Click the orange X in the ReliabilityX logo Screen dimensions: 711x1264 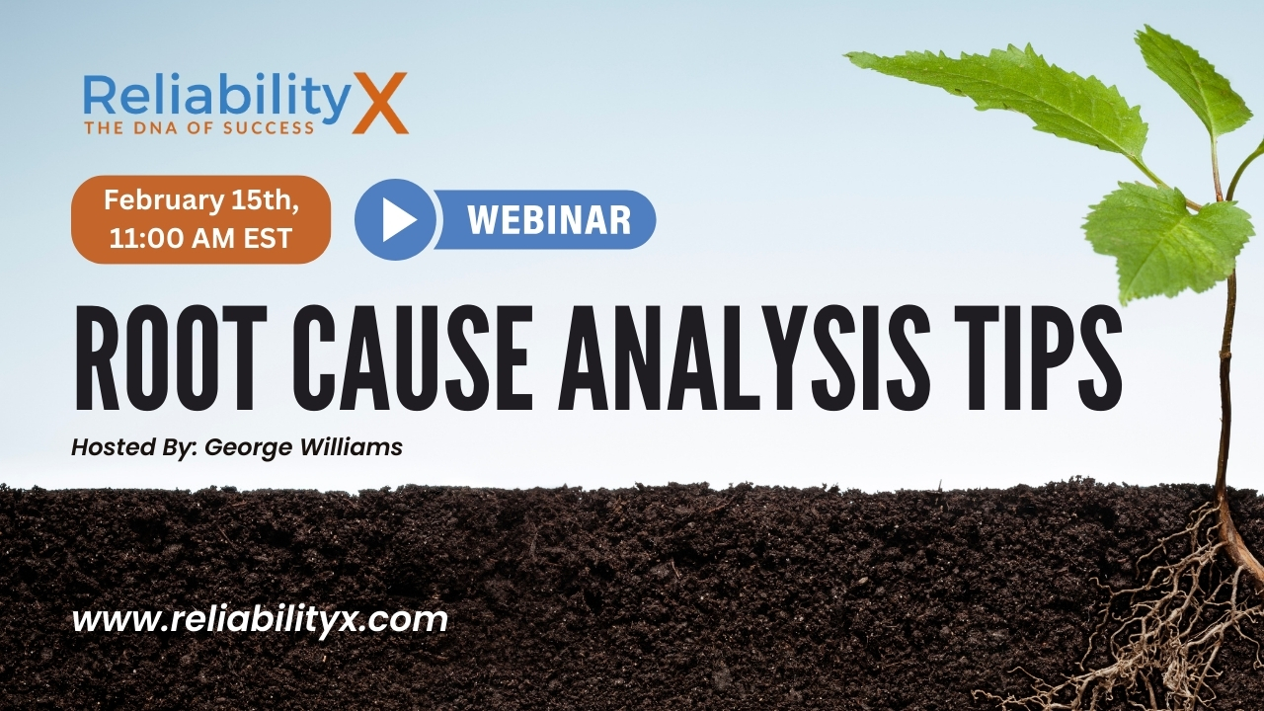tap(380, 102)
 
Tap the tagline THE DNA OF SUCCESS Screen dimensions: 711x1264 tap(198, 127)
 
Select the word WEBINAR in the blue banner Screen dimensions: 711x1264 tap(549, 219)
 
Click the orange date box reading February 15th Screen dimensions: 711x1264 tap(200, 219)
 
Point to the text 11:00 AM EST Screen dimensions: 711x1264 tap(200, 238)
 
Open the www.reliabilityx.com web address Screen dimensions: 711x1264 tap(260, 620)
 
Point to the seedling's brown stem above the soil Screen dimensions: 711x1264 tap(1224, 395)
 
